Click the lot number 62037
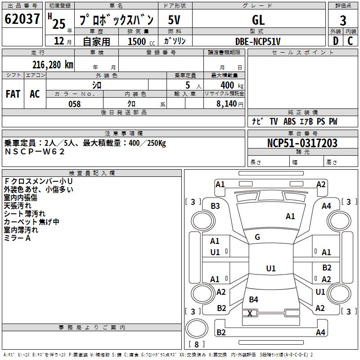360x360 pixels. click(22, 19)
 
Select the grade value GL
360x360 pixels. click(258, 20)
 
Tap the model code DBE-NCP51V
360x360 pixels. click(258, 41)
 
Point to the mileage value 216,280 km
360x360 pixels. click(53, 65)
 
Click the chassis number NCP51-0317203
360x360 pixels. click(302, 143)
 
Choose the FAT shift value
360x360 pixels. click(13, 94)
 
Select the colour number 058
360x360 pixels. click(75, 104)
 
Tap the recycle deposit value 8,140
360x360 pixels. click(227, 104)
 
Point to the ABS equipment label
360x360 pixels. click(289, 121)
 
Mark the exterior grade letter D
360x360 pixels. click(336, 41)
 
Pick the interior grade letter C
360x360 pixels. click(350, 41)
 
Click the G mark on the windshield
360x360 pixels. click(257, 237)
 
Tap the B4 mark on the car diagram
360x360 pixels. click(253, 299)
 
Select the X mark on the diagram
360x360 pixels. click(250, 313)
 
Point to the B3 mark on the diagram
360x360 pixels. click(215, 206)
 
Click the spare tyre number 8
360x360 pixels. click(197, 344)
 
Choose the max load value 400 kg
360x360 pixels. click(232, 85)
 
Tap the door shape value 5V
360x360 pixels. click(174, 20)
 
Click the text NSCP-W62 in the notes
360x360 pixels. click(35, 152)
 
